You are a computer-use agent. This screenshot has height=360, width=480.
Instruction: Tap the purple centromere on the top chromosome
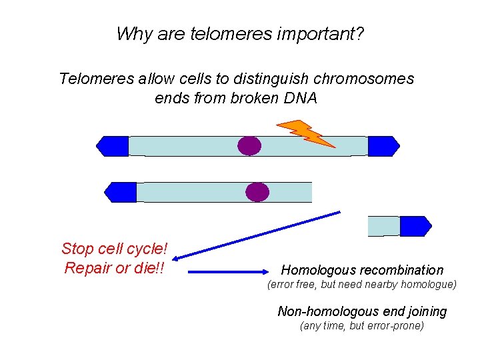(249, 145)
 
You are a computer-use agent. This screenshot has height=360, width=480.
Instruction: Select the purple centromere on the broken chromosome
(257, 192)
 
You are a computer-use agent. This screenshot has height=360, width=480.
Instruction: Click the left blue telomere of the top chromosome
(113, 146)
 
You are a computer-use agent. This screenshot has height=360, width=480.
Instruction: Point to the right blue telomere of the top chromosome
(383, 146)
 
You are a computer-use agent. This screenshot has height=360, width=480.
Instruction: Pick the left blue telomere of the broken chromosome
(121, 192)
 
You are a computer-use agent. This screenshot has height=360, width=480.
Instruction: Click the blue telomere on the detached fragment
(415, 226)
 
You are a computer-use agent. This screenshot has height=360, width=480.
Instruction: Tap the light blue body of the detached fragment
(384, 226)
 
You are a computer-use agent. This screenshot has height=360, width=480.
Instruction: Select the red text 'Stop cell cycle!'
(114, 249)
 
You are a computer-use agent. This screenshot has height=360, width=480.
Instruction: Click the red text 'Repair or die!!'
(114, 269)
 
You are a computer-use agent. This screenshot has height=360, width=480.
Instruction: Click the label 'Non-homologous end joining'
(362, 311)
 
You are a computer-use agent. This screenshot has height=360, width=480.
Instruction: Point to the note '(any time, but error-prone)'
(362, 326)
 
